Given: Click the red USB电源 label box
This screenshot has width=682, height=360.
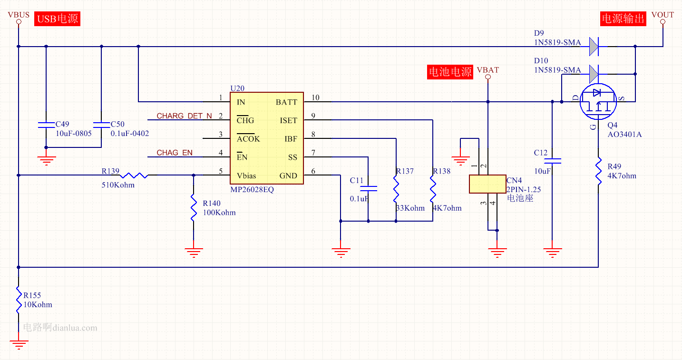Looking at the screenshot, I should point(57,19).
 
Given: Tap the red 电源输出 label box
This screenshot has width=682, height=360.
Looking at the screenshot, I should point(623,19).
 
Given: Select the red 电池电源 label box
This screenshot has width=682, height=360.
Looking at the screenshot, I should point(450,72).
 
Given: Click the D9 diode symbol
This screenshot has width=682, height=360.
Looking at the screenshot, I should point(594,47).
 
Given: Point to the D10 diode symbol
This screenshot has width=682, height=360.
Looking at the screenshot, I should point(594,74).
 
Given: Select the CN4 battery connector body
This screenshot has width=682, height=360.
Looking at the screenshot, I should point(487,184).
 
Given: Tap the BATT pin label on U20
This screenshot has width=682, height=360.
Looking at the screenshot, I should point(286,102).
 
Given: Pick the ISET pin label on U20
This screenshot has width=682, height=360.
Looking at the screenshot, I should point(288,121).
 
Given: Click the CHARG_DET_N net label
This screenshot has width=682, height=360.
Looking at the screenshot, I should point(185,116).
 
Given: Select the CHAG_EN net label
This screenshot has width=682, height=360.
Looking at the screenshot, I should point(175,153).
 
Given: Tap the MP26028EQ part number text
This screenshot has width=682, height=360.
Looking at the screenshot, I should point(252,189).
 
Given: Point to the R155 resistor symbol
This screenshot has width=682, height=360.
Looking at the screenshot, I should point(18,300).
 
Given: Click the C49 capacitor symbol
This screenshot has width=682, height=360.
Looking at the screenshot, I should point(46,125).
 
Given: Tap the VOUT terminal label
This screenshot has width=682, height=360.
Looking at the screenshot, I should point(663,15).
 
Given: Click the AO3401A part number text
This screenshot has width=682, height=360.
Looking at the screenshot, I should point(624,135).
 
